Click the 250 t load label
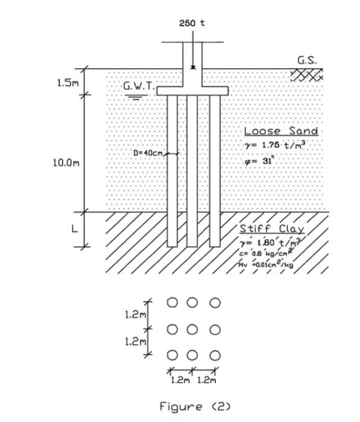pos(192,23)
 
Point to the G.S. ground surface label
pos(307,60)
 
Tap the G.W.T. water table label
pos(139,86)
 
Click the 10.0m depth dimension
pos(68,162)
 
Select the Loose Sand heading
pos(280,131)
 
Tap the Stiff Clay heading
pos(272,229)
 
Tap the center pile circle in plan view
pos(193,330)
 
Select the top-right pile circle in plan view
pos(215,302)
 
